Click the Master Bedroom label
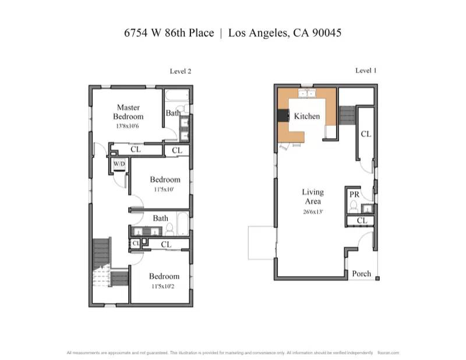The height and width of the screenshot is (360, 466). tap(128, 112)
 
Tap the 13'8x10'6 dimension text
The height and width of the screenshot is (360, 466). tap(128, 125)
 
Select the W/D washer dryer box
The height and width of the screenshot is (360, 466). tap(119, 164)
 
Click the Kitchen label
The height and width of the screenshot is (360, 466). tap(306, 117)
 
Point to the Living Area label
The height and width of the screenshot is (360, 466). tap(312, 196)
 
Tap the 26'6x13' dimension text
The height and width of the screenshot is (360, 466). tap(312, 211)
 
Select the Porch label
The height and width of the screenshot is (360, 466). tap(361, 274)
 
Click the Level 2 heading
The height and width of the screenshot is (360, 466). tap(181, 71)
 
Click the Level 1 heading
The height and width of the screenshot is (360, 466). tap(366, 70)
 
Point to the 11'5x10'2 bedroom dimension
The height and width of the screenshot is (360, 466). tap(164, 286)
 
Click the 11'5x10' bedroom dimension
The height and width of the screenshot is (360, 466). tap(164, 189)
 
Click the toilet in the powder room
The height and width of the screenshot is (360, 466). tap(354, 205)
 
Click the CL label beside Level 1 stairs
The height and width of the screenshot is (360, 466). tap(365, 134)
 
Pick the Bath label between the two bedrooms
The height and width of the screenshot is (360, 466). tap(161, 218)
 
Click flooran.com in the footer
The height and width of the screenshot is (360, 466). tap(388, 352)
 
